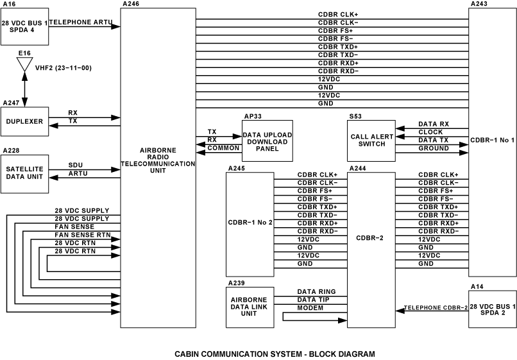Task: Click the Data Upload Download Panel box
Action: click(267, 141)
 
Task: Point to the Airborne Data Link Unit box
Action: click(250, 307)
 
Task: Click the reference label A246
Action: click(130, 4)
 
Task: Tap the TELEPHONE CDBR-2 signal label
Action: click(436, 309)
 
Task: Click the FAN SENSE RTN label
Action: click(82, 236)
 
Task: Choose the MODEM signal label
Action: click(310, 308)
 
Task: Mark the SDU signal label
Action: click(75, 165)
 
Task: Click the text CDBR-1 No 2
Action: click(250, 222)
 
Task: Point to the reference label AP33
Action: click(253, 117)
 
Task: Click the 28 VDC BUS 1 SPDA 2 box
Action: click(492, 309)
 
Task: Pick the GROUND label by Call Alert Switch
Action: click(434, 148)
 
